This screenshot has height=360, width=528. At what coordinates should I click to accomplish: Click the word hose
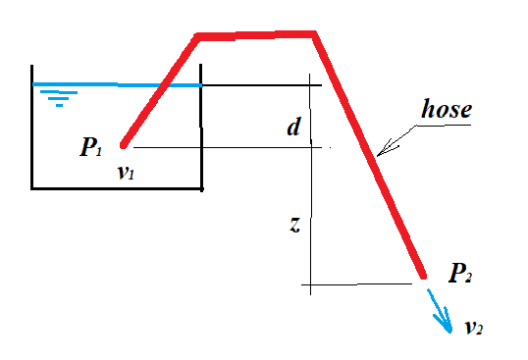(x=447, y=109)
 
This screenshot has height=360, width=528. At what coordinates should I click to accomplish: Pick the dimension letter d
(x=292, y=127)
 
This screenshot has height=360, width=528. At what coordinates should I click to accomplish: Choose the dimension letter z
(x=293, y=224)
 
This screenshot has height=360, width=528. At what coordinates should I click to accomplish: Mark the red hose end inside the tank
(x=124, y=144)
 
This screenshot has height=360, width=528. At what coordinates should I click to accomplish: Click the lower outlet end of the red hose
(x=422, y=275)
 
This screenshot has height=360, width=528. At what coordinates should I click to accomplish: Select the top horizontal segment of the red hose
(x=255, y=37)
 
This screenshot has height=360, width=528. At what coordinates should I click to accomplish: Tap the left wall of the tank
(x=32, y=128)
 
